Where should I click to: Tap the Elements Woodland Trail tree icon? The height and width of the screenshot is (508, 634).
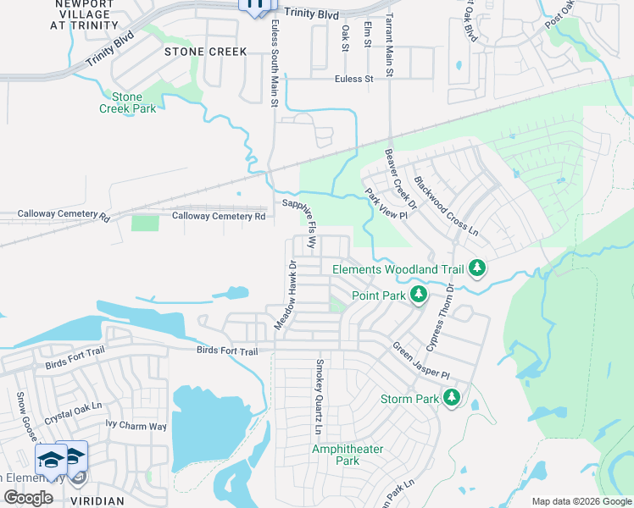point(477,268)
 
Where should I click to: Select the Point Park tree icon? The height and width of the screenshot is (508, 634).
point(418,294)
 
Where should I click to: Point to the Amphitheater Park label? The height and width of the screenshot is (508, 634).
point(348,455)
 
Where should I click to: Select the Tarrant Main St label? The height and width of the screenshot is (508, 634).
point(389,46)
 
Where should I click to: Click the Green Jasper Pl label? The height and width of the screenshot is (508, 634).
point(419,360)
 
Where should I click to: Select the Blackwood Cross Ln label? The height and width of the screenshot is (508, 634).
point(446,206)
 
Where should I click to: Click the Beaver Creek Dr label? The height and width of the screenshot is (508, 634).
point(401,178)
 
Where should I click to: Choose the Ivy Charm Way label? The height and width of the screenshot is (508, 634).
point(136,426)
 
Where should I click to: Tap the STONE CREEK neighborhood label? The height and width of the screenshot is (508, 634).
point(206,52)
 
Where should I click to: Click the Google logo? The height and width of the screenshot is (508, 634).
point(28,498)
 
